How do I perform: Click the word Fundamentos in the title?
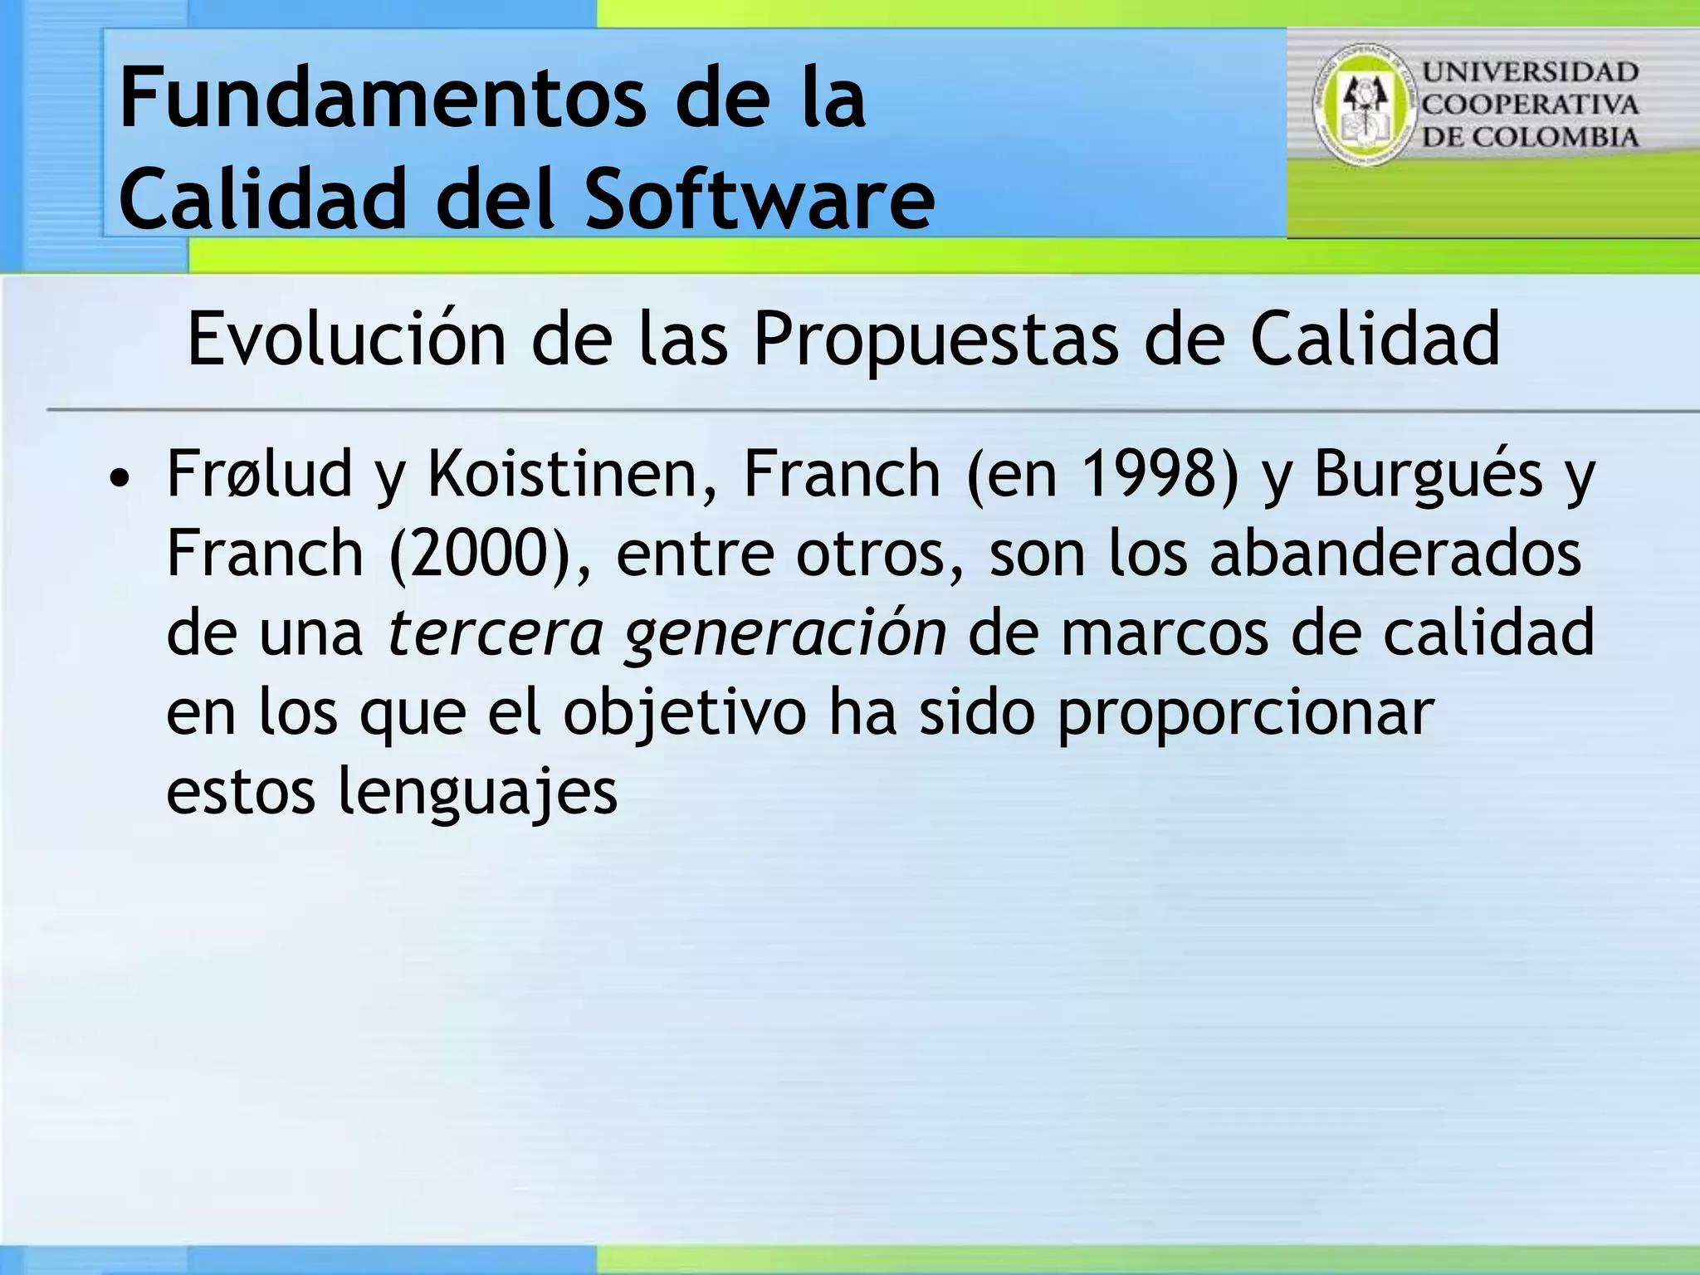382,100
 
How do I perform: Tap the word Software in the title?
760,199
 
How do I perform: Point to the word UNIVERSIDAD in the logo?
1531,72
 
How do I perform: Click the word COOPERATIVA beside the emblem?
1531,105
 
